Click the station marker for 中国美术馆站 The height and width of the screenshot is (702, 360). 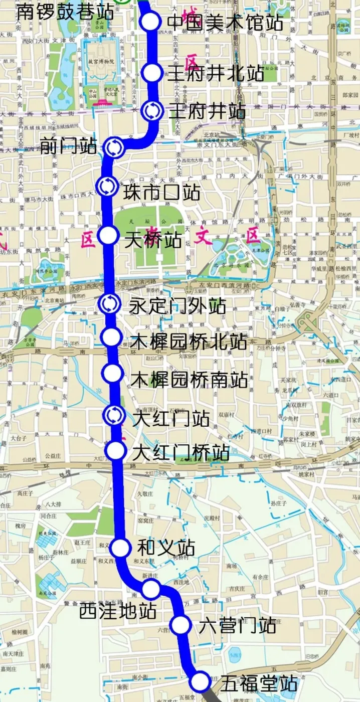click(x=150, y=22)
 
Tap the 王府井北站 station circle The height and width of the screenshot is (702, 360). click(x=151, y=73)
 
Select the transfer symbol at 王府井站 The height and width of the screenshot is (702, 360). click(x=152, y=111)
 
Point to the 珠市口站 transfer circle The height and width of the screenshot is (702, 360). click(x=107, y=186)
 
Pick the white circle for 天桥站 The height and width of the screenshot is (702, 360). click(x=108, y=235)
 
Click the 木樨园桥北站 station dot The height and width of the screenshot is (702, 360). click(x=110, y=337)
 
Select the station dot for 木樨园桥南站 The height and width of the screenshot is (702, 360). click(x=112, y=373)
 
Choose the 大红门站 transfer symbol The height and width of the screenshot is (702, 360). click(x=113, y=415)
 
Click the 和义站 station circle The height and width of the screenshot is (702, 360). click(x=120, y=549)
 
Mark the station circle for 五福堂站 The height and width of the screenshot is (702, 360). click(x=200, y=681)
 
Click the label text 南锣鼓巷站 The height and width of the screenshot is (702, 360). click(x=65, y=11)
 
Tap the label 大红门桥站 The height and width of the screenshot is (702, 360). click(x=181, y=453)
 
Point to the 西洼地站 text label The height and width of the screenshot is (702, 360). click(x=118, y=611)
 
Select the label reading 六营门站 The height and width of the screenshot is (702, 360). click(x=237, y=625)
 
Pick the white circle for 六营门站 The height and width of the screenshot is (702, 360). click(x=181, y=625)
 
